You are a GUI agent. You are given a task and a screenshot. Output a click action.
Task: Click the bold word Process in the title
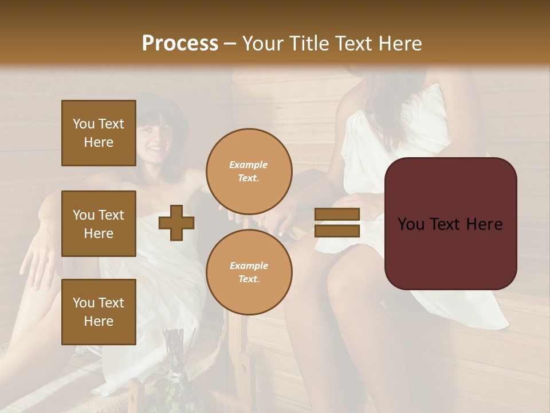(180, 44)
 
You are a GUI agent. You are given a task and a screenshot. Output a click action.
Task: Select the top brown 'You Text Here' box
(99, 133)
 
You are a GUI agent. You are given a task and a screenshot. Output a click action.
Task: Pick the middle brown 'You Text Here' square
(99, 224)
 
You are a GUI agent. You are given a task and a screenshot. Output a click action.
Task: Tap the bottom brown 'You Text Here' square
(99, 311)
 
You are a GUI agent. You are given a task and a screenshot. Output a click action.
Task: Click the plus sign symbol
(176, 222)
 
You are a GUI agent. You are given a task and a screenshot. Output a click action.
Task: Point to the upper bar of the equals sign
(337, 214)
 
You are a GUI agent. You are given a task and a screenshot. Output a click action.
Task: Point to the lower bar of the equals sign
(337, 231)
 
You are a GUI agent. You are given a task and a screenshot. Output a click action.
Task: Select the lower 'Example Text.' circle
(249, 272)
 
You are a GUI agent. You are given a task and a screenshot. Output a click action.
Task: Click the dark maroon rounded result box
(450, 223)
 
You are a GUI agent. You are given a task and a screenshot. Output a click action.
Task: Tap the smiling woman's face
(154, 141)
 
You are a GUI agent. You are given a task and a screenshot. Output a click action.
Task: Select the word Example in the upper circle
(249, 165)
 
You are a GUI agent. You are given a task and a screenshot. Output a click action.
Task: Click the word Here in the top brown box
(99, 142)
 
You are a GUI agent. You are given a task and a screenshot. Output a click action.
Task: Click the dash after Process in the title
(230, 44)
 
